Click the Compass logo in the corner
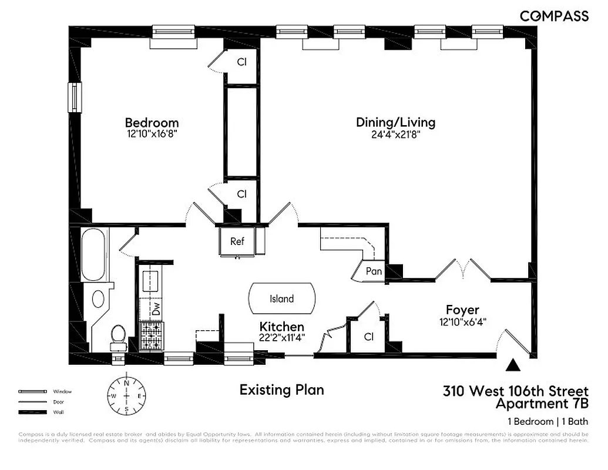554,16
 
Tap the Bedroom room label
152,123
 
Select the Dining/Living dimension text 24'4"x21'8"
396,134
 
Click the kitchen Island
281,298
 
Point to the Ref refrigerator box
237,241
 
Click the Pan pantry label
374,271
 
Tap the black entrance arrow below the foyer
514,365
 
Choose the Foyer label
462,310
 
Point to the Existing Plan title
281,390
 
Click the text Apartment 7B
542,404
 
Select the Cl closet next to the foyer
368,337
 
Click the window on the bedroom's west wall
75,97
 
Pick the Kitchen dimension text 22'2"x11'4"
281,337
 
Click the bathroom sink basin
98,299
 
